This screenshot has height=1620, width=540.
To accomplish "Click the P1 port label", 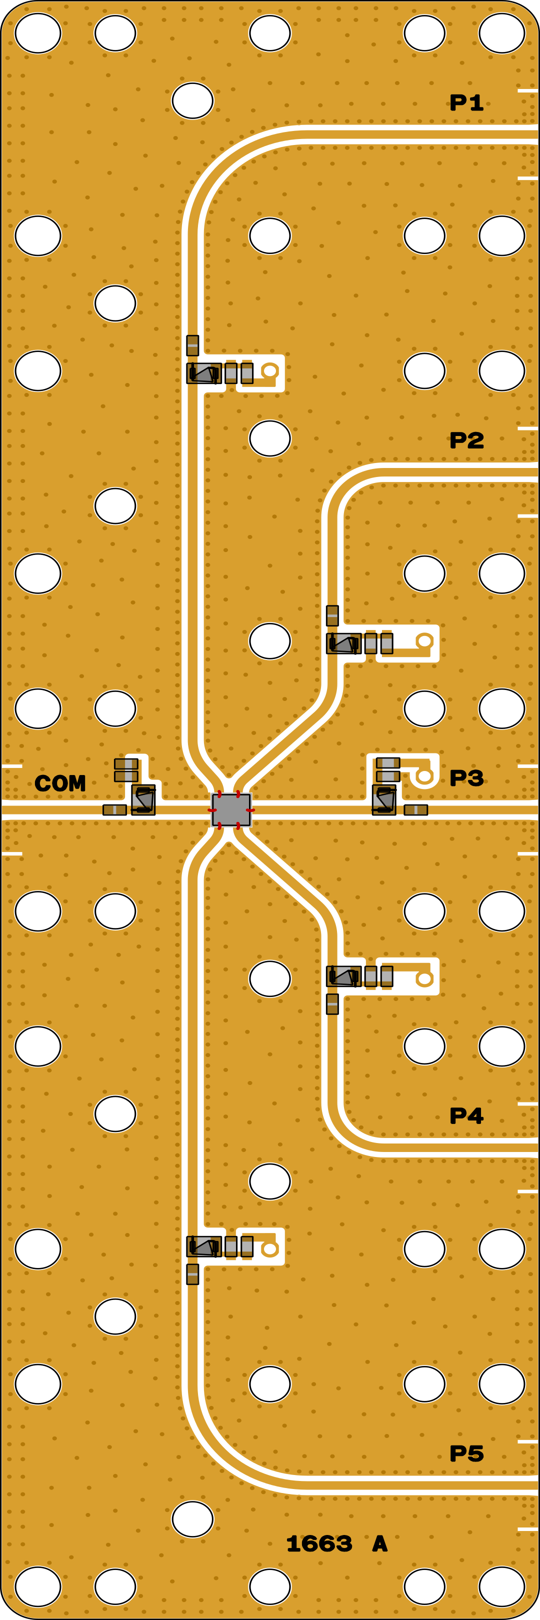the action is click(466, 102).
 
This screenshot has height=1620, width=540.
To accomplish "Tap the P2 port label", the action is click(466, 440).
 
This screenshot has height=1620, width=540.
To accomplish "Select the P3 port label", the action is click(466, 778).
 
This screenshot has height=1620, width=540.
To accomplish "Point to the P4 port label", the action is click(466, 1115).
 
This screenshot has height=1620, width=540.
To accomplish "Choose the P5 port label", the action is click(466, 1453).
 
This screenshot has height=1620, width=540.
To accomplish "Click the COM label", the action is click(60, 783).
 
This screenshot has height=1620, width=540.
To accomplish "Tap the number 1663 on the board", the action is click(319, 1543).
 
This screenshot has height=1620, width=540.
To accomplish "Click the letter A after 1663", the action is click(379, 1543).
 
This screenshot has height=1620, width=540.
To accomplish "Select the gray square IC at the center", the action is click(231, 810).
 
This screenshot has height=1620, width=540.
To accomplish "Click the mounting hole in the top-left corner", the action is click(37, 32).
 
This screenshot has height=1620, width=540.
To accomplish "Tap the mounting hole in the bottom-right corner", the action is click(501, 1586).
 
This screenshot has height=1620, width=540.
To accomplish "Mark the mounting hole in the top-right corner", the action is click(501, 32).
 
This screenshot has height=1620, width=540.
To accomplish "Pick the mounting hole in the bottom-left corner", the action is click(37, 1586).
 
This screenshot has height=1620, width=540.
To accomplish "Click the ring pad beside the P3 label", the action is click(424, 776).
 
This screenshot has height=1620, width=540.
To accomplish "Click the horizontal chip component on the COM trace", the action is click(114, 810).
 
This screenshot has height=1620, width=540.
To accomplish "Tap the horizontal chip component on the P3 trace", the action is click(415, 810).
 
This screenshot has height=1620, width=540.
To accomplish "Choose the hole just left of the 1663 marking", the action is click(192, 1519).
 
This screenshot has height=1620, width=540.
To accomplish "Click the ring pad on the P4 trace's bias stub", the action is click(424, 978).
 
